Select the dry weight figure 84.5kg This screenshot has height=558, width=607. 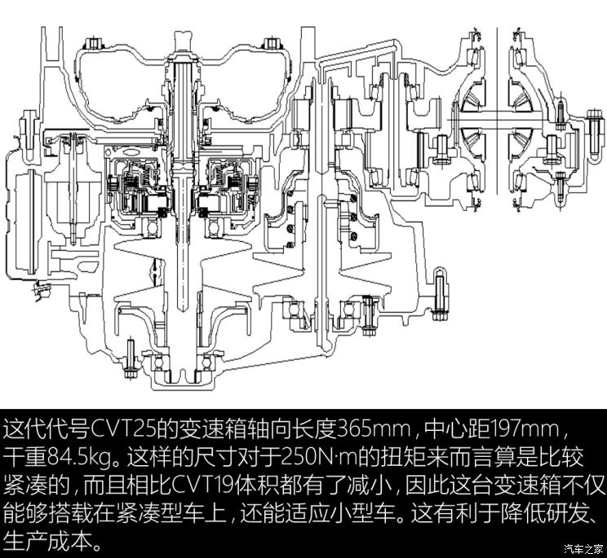click(76, 457)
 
